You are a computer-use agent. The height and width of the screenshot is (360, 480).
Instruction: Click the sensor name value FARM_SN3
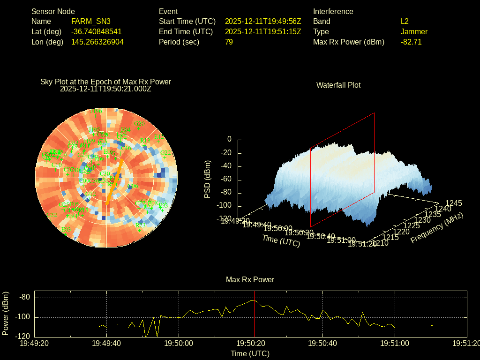point(91,22)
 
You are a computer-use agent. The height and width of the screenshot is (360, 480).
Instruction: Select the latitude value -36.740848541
point(97,32)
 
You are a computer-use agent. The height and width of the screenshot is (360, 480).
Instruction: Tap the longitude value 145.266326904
point(97,42)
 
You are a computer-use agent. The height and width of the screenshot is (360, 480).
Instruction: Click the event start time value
point(263,22)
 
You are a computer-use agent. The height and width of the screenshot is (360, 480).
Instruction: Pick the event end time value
point(263,32)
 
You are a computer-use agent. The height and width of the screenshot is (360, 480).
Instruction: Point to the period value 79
point(229,42)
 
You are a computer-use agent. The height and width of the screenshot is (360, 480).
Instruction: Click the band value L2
point(405,22)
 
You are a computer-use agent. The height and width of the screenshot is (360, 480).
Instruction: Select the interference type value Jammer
point(414,32)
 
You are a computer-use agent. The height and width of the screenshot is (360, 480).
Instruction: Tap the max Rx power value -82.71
point(411,42)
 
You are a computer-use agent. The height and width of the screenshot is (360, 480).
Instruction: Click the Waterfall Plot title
point(338,85)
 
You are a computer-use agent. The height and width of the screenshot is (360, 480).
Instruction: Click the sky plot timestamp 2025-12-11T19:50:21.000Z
point(105,89)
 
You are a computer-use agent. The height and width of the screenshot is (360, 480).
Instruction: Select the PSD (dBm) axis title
point(208,180)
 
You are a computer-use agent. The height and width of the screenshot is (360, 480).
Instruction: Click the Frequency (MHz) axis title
point(437,228)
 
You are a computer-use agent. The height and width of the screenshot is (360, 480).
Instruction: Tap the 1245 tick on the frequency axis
point(454,203)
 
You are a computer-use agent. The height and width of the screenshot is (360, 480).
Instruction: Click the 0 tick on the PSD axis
point(229,140)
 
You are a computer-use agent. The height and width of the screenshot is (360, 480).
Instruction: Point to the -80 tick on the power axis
point(25,297)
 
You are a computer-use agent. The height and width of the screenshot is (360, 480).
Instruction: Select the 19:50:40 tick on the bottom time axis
point(322,344)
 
